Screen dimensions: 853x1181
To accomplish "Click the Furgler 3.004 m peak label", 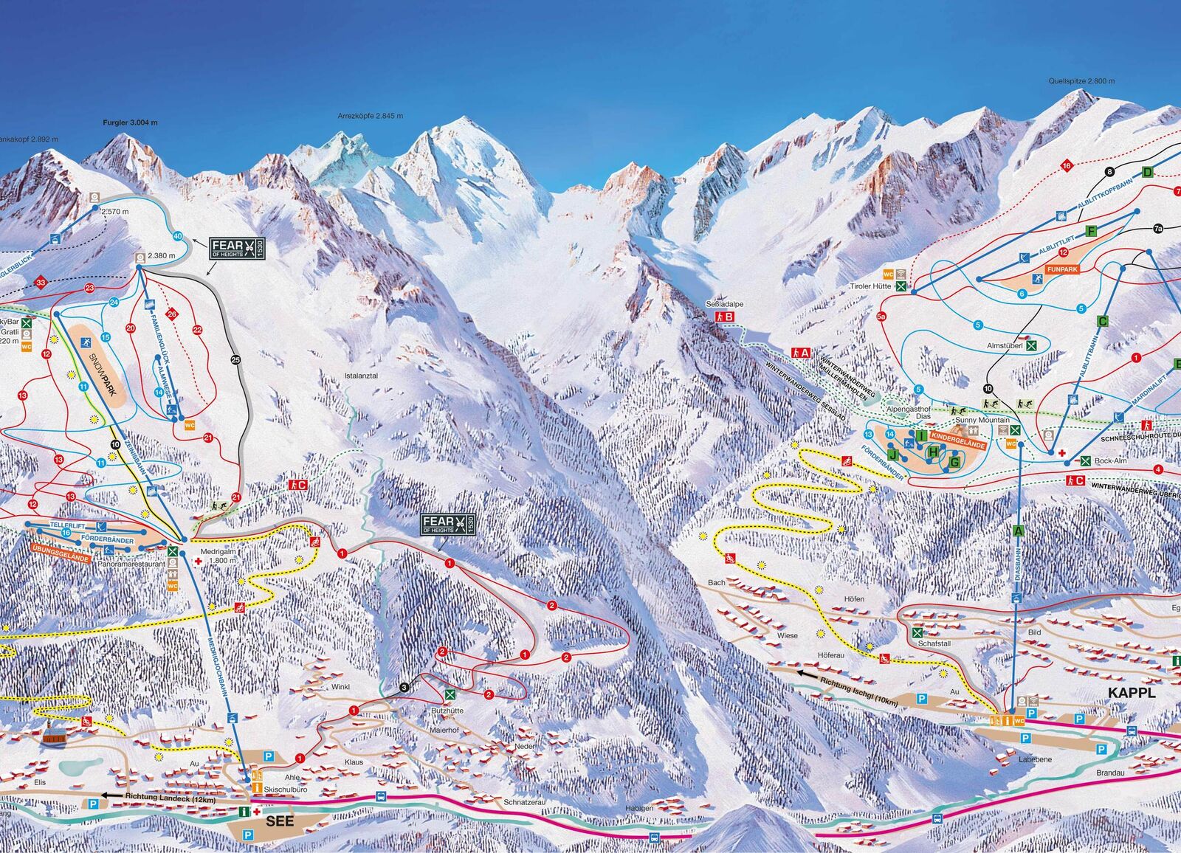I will [x=130, y=123].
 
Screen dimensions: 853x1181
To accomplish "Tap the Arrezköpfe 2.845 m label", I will [x=371, y=116].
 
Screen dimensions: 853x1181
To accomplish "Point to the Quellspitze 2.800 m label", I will [x=1081, y=81].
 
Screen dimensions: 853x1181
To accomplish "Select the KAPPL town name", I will [x=1130, y=693].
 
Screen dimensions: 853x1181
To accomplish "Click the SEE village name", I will [x=279, y=821].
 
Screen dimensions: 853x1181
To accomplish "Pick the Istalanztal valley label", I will [x=361, y=376].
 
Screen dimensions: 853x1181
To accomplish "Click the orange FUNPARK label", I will [x=1062, y=270].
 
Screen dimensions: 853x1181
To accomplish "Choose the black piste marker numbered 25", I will [x=235, y=360].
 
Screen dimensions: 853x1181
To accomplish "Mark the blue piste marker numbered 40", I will [x=177, y=236].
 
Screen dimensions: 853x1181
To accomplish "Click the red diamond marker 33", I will [x=40, y=283].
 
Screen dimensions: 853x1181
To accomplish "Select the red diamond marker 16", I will [x=1067, y=166].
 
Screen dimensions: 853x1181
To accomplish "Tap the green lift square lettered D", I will [x=1147, y=173].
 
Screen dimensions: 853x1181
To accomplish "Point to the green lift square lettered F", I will [x=1090, y=232].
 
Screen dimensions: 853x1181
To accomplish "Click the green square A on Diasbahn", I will [x=1019, y=531].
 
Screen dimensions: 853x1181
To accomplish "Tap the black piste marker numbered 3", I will [x=404, y=687].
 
